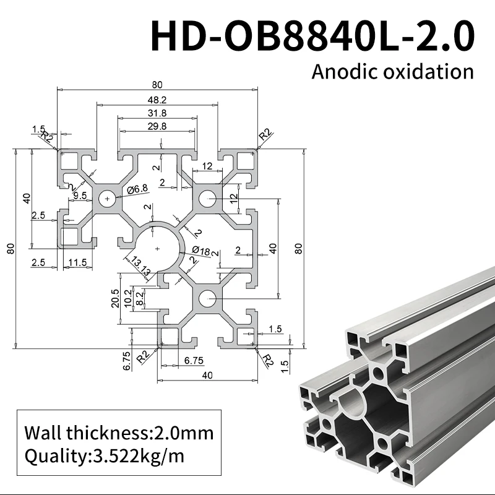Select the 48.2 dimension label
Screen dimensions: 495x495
(158, 99)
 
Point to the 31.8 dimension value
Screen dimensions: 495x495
(158, 113)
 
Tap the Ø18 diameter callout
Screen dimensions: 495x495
(202, 251)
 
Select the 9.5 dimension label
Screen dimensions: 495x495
(80, 196)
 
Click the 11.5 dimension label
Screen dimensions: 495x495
(78, 262)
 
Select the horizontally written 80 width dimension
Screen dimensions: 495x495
(158, 84)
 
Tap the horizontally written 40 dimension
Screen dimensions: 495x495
(207, 374)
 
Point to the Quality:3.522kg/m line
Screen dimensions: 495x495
(104, 457)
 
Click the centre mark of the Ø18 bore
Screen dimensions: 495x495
(158, 248)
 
